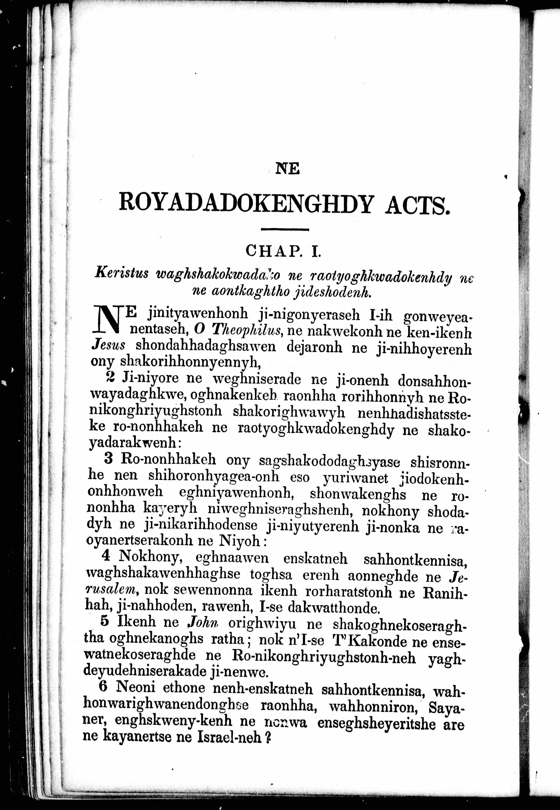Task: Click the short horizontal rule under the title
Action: coord(285,230)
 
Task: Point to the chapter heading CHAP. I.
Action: coord(284,251)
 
